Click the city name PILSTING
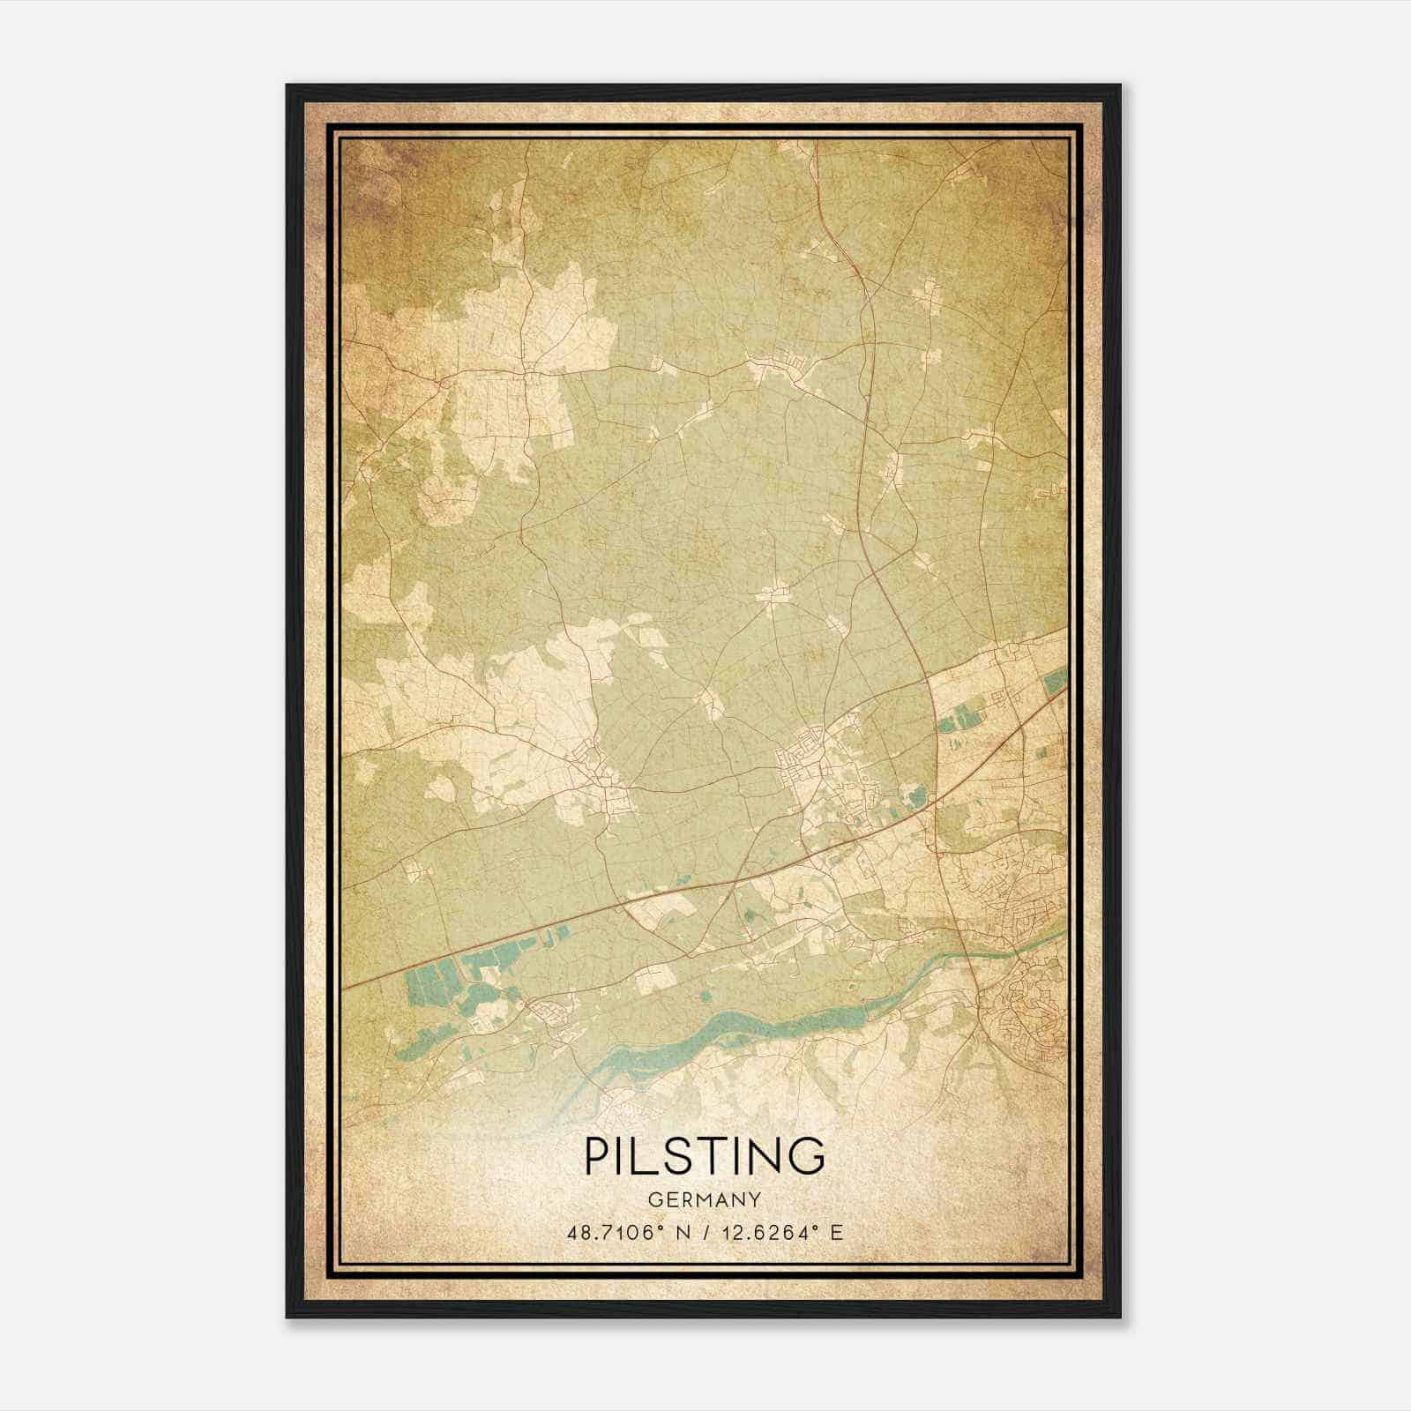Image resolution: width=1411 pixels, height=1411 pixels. point(705,1155)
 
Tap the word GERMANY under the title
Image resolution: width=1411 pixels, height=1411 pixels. point(705,1200)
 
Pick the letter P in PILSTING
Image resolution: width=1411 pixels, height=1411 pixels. point(596,1155)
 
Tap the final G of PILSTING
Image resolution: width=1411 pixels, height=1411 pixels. point(807,1155)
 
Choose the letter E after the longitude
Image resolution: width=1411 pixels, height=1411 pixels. point(836,1232)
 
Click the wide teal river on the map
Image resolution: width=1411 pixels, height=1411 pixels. point(758,1023)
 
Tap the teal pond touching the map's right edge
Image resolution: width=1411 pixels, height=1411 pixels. point(1056,682)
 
